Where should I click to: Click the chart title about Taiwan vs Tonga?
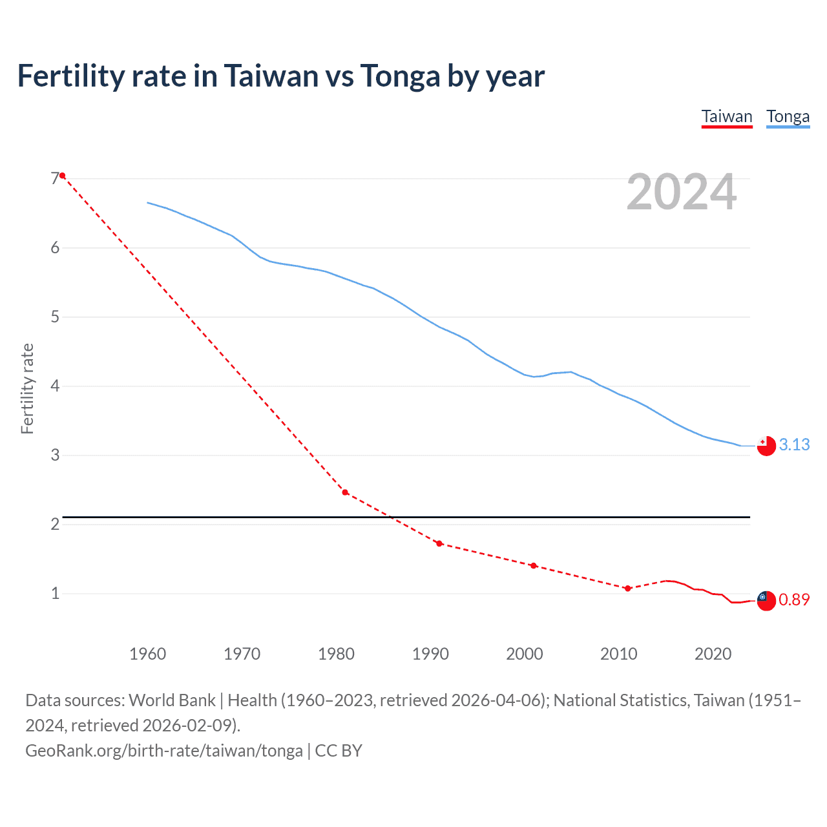pos(280,76)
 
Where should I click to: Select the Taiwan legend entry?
pos(727,116)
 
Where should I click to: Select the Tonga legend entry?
pos(788,116)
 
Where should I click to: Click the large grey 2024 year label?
pos(681,192)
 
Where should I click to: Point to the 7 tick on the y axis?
pos(55,178)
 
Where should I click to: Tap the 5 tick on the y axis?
pos(55,317)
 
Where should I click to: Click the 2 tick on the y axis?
pos(55,524)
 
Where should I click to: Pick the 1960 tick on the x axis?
pos(147,654)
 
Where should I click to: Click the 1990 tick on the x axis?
pos(430,654)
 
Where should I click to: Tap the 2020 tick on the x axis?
pos(713,654)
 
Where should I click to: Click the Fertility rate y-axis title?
pos(27,388)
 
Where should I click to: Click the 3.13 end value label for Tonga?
pos(794,445)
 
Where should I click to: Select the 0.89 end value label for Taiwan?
pos(794,600)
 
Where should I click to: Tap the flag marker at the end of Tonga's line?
pos(766,446)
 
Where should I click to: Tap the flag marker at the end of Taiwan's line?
pos(766,600)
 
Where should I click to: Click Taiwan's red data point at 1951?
pos(62,176)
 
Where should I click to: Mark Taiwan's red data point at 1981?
pos(345,492)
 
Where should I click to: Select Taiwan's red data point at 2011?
pos(627,588)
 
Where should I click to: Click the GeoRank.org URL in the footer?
pos(164,751)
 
